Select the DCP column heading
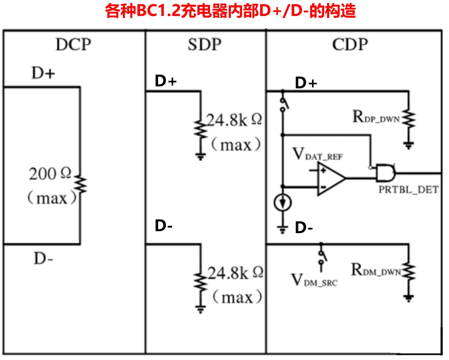(73, 45)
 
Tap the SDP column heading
(204, 45)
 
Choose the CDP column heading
(350, 45)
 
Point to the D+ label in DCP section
(43, 74)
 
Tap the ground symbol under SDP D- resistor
(201, 309)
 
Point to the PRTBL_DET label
(408, 190)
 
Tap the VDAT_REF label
(318, 154)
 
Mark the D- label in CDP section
(304, 228)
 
